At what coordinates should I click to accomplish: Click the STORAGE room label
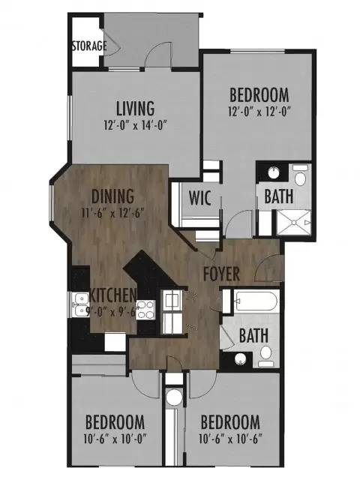(89, 46)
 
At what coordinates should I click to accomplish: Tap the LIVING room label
(135, 108)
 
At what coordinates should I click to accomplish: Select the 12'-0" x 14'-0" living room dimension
(136, 125)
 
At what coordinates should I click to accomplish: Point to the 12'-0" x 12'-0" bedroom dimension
(259, 111)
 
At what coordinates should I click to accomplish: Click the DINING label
(112, 196)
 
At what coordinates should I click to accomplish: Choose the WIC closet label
(199, 198)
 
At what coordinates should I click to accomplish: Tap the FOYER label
(222, 274)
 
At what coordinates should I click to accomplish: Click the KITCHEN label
(112, 295)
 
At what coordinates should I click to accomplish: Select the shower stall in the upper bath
(294, 222)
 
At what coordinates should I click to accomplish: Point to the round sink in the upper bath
(274, 172)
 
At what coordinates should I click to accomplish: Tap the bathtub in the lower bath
(256, 301)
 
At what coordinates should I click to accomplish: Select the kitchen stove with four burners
(145, 310)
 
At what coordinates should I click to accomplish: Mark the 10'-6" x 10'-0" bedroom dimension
(115, 439)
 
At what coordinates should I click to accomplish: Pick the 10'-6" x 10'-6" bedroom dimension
(230, 439)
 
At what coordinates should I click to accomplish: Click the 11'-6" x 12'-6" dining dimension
(113, 213)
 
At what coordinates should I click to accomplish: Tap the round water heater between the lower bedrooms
(174, 397)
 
